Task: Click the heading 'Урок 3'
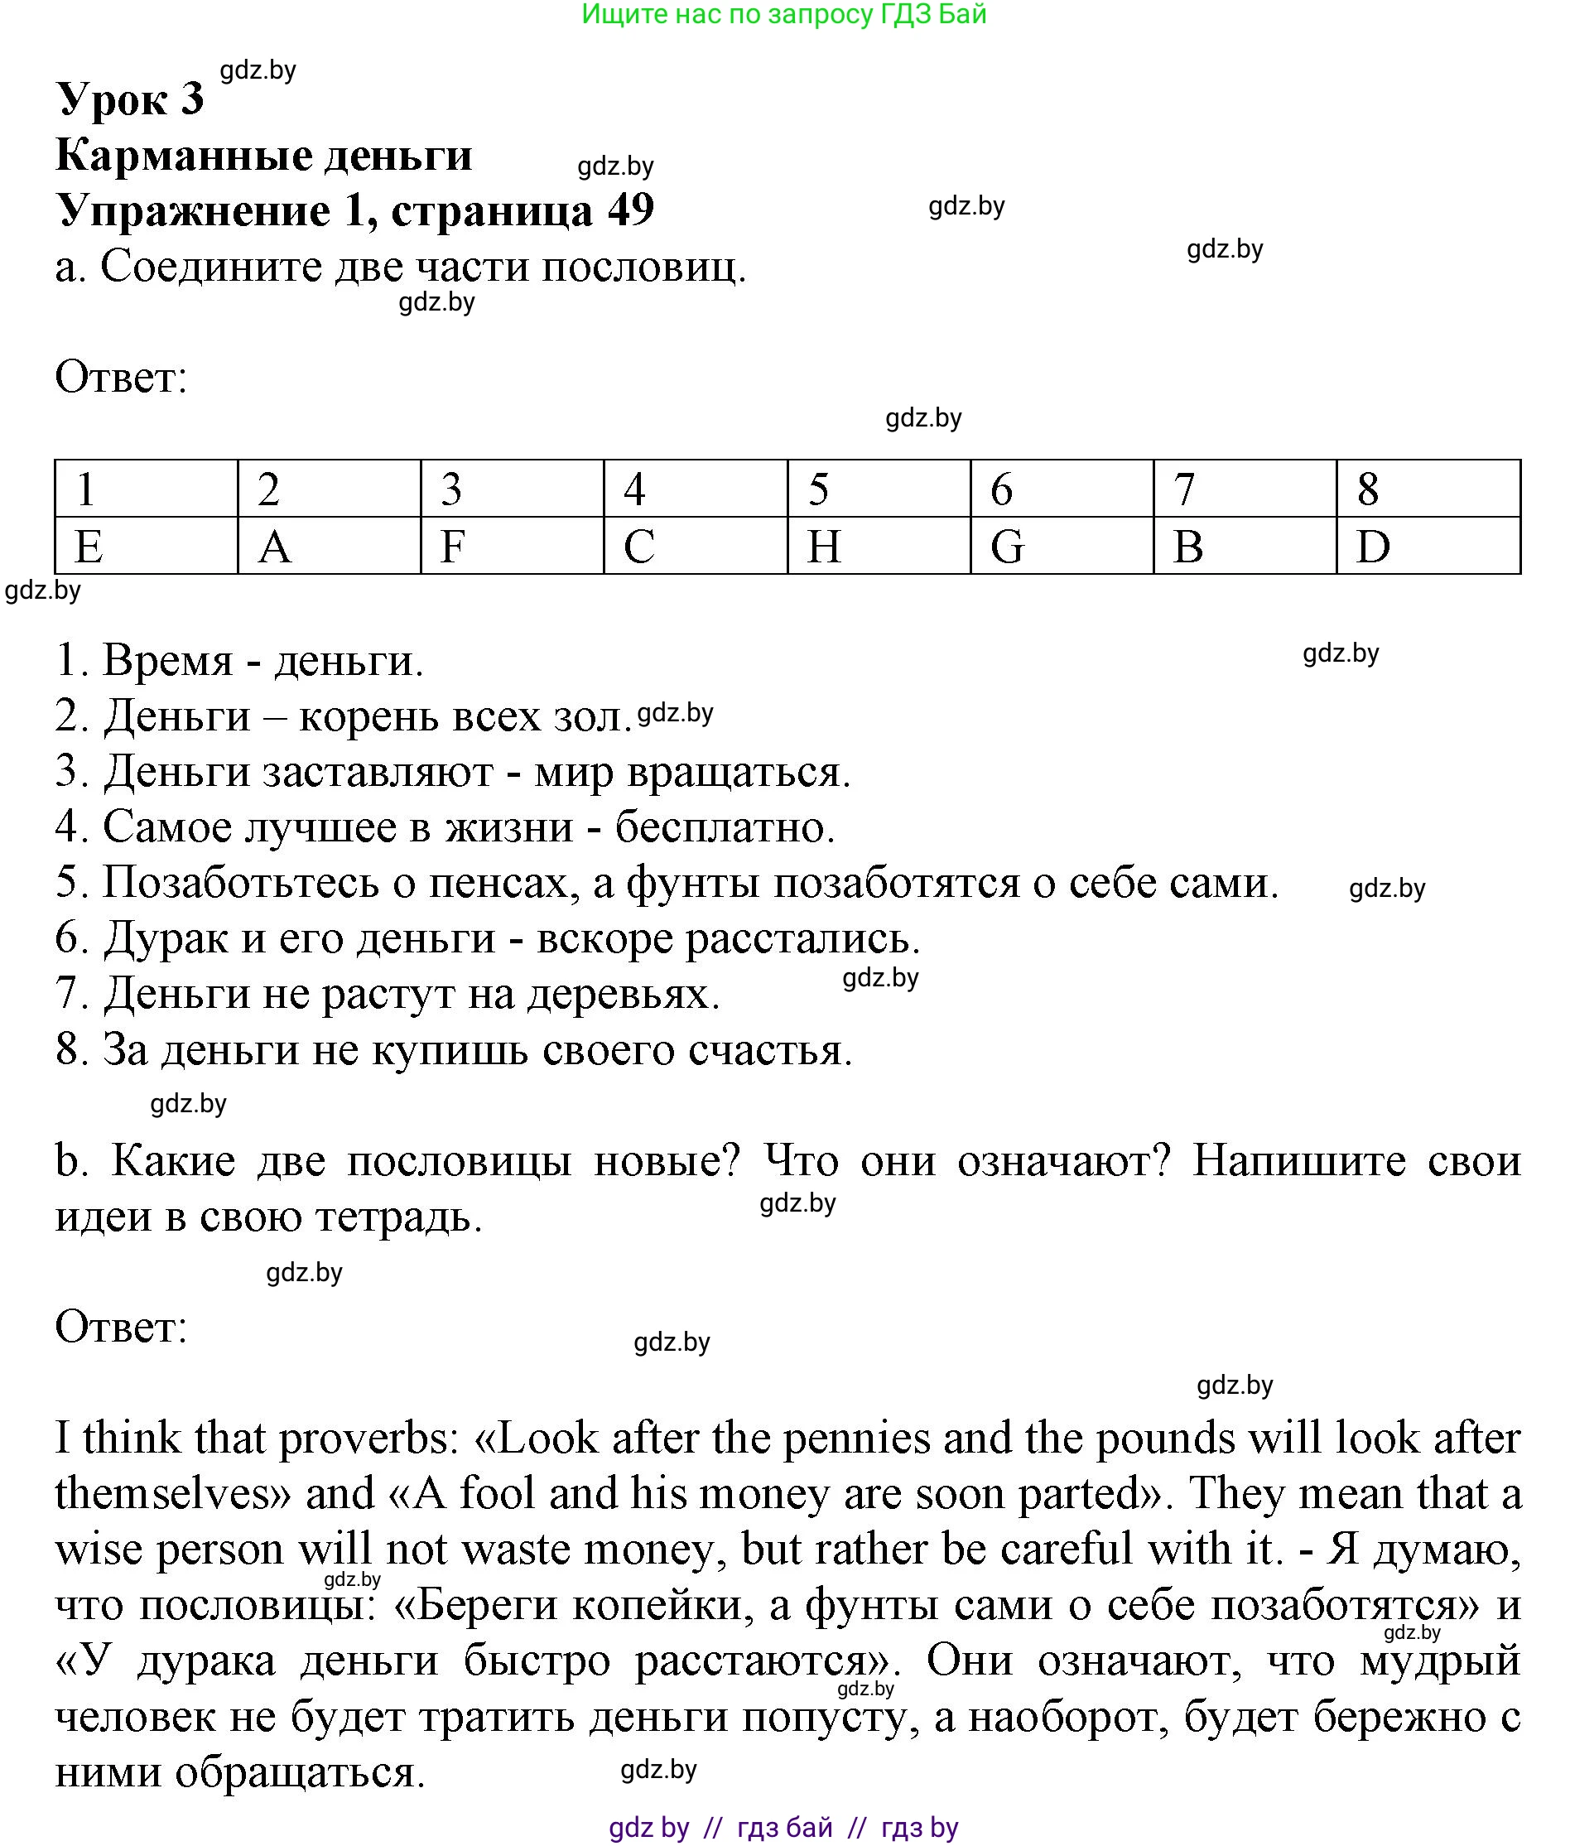pos(130,98)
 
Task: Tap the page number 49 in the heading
pos(630,211)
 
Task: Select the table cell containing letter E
pos(146,546)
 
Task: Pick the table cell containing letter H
pos(878,546)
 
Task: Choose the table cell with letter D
pos(1427,546)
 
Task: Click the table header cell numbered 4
pos(694,489)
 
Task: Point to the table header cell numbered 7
pos(1245,489)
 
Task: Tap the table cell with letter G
pos(1061,546)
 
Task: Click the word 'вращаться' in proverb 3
pos(738,772)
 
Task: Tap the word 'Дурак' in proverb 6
pos(166,938)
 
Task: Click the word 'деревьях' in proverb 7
pos(623,994)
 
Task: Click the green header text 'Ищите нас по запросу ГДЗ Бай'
pos(783,14)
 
